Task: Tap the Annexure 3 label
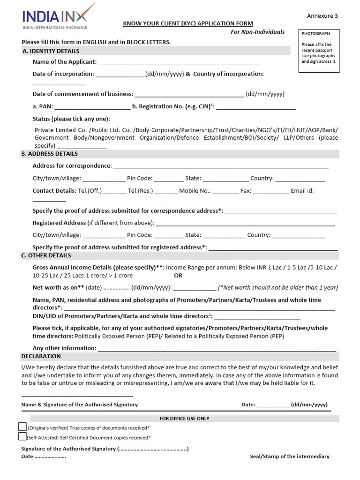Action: click(322, 16)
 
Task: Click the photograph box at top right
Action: click(319, 51)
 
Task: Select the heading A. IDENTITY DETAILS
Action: click(51, 51)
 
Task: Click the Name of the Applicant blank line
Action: click(179, 62)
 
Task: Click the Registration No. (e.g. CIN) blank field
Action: click(255, 107)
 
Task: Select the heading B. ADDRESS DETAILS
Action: click(50, 154)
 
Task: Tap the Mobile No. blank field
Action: click(227, 191)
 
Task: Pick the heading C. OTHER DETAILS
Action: click(46, 255)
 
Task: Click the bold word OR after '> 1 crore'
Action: click(178, 276)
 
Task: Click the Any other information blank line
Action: click(217, 349)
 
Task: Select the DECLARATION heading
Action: click(41, 357)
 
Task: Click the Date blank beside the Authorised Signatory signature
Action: click(273, 405)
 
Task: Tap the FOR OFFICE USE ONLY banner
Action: click(184, 419)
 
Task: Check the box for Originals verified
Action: click(22, 427)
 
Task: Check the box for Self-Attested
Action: click(22, 436)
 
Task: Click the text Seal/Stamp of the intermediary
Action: click(289, 456)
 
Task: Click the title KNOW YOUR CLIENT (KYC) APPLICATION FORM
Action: click(187, 23)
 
